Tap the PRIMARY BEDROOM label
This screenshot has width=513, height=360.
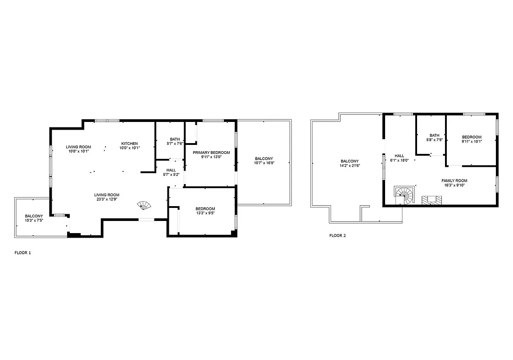211,153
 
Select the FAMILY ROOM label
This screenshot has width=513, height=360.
454,180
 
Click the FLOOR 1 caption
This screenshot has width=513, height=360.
23,253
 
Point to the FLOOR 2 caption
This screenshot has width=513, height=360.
337,235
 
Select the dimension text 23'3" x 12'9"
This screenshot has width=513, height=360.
107,200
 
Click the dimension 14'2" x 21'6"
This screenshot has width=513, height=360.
350,166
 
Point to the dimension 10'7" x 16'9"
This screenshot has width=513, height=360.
264,163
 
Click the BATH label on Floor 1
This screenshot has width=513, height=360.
174,139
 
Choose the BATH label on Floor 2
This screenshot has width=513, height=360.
434,135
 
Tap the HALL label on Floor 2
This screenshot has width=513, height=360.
399,156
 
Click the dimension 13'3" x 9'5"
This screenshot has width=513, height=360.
205,213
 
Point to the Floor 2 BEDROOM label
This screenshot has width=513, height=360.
472,137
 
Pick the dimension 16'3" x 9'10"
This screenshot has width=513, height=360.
454,185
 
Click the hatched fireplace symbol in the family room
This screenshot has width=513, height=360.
431,200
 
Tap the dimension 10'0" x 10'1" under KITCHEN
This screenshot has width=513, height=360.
130,148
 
